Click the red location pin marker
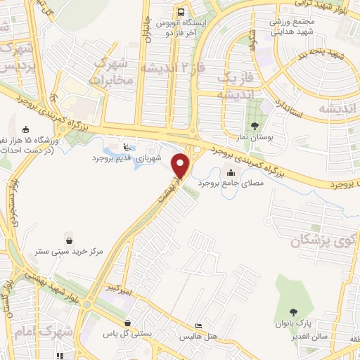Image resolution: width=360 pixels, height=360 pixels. (181, 165)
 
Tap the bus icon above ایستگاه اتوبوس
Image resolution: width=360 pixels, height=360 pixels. (181, 12)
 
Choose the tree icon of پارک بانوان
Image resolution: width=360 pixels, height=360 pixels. (294, 311)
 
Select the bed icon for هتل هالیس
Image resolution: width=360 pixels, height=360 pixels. (199, 326)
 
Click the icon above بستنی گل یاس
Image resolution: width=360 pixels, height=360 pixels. (127, 323)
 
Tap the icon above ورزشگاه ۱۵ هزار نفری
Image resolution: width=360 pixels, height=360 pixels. (27, 129)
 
